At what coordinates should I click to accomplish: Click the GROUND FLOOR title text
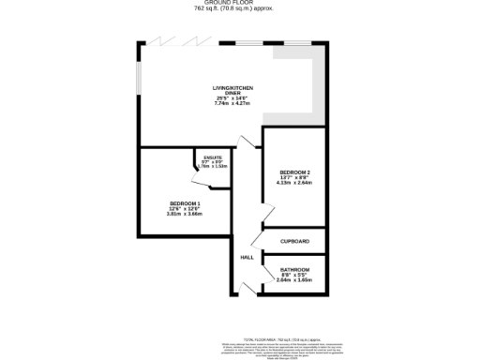(x=239, y=3)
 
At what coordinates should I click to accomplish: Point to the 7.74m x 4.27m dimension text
(x=233, y=102)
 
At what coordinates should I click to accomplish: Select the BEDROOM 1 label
(x=184, y=203)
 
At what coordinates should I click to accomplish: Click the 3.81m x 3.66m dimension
(x=184, y=214)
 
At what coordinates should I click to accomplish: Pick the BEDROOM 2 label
(x=294, y=172)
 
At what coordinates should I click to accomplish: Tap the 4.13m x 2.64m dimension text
(x=294, y=183)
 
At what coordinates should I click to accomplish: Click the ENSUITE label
(x=213, y=157)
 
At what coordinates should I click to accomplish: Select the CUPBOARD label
(x=294, y=241)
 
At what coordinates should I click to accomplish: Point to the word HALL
(x=247, y=257)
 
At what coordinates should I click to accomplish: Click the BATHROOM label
(x=294, y=270)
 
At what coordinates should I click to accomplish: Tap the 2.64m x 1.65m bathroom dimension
(x=294, y=280)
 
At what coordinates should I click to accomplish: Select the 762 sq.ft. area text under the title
(x=239, y=9)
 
